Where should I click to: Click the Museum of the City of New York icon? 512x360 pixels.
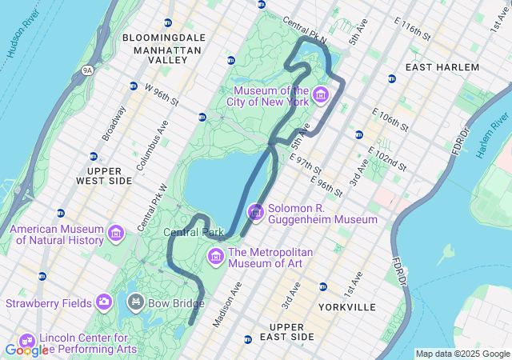click(x=321, y=97)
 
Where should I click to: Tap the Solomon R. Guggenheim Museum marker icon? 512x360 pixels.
click(x=256, y=213)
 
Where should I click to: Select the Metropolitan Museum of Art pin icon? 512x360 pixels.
click(x=215, y=257)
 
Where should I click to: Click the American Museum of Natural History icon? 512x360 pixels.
click(x=117, y=234)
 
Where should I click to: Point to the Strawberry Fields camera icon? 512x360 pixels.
click(x=103, y=302)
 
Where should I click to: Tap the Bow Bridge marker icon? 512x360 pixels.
click(x=135, y=302)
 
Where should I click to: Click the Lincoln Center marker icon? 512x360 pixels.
click(x=26, y=342)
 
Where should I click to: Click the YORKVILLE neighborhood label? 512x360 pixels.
click(x=346, y=307)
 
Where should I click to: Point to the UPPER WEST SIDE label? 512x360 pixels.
click(x=110, y=176)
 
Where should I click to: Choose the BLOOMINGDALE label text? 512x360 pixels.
click(x=163, y=38)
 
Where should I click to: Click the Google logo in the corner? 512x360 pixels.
click(x=26, y=350)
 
